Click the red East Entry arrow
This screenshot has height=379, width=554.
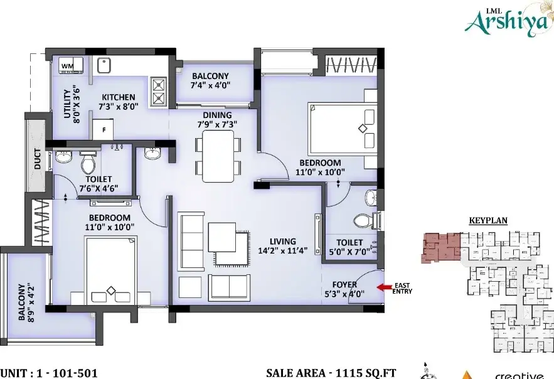click(x=384, y=287)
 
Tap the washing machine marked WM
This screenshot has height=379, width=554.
click(x=71, y=65)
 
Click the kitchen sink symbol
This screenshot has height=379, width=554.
click(x=104, y=65)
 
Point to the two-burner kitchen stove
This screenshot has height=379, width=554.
click(x=158, y=92)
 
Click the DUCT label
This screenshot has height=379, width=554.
click(x=37, y=159)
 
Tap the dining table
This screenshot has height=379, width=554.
click(x=218, y=156)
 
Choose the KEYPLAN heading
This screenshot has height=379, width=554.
click(x=488, y=221)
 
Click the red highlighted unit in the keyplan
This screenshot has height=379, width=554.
click(x=440, y=247)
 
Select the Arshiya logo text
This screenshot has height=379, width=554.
click(x=509, y=21)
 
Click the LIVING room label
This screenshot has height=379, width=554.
click(x=283, y=241)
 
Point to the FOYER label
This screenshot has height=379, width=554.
click(x=344, y=285)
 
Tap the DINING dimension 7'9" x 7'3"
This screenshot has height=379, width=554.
click(x=217, y=124)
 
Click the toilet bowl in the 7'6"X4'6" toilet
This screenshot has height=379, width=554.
click(x=88, y=163)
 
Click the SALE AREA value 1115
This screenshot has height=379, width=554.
click(x=348, y=373)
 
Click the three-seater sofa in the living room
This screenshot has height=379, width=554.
click(x=191, y=241)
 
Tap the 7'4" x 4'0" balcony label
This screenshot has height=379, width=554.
click(x=210, y=80)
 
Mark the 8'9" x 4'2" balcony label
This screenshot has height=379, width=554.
click(x=26, y=302)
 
